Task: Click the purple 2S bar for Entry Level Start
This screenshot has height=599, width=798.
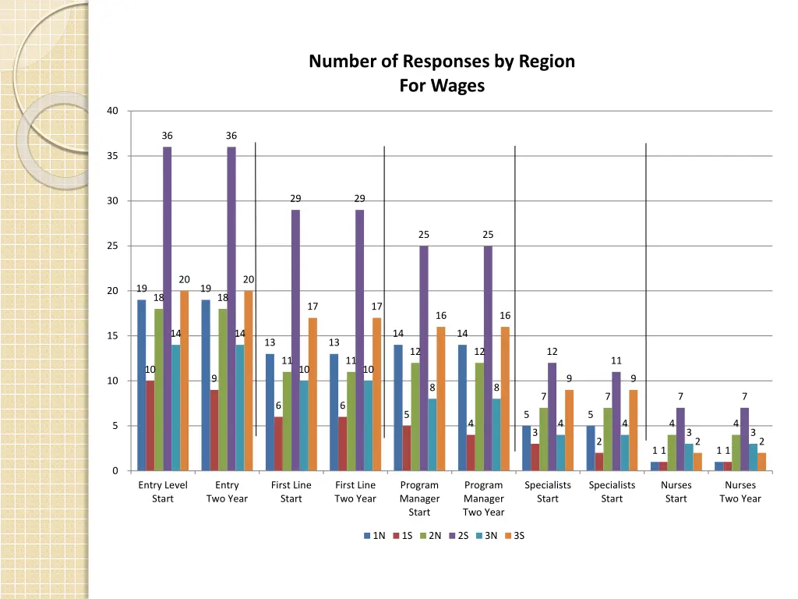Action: (x=167, y=308)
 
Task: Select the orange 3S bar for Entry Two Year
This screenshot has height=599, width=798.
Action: (x=249, y=381)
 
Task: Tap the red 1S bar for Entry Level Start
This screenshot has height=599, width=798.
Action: (x=150, y=426)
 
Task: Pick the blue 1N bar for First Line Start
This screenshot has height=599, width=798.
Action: (x=270, y=412)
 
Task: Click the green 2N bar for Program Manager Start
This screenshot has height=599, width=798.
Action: (x=415, y=416)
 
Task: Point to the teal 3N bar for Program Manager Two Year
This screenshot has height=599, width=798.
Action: (x=496, y=434)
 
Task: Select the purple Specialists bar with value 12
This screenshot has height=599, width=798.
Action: (x=552, y=416)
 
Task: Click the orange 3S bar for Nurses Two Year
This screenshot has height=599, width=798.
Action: (x=761, y=462)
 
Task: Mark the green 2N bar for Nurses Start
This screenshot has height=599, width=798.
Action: (x=672, y=452)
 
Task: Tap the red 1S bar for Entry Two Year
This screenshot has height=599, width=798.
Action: (x=214, y=431)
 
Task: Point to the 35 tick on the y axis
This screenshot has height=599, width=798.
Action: (x=113, y=156)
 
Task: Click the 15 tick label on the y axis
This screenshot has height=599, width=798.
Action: (x=113, y=336)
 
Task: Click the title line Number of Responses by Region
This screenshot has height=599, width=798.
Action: (x=442, y=61)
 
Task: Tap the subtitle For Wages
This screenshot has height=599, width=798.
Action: (x=442, y=86)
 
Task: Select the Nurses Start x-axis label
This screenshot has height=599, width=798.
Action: (x=676, y=491)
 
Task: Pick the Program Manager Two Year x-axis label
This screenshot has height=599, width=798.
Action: (x=483, y=498)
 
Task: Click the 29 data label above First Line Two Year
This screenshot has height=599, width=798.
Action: (x=359, y=199)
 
